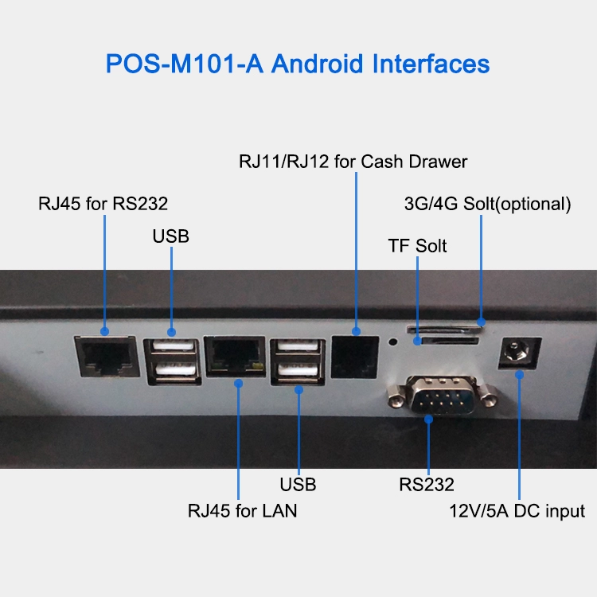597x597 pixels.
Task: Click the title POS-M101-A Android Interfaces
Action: [x=298, y=64]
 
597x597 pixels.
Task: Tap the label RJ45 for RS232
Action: [x=103, y=204]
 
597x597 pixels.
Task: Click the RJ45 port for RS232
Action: [x=107, y=357]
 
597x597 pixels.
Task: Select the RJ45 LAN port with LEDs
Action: [x=235, y=357]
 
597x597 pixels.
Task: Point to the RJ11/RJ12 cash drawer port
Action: [x=355, y=357]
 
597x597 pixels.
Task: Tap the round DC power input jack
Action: [x=520, y=353]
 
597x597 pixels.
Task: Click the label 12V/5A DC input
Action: [x=517, y=511]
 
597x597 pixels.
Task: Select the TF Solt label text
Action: [x=417, y=246]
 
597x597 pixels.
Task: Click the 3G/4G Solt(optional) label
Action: [x=488, y=205]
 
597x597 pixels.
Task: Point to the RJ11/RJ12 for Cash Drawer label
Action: [x=353, y=162]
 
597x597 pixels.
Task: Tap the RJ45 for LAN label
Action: [x=242, y=511]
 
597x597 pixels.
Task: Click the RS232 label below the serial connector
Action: [x=427, y=485]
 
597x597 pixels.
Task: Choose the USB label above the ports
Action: [x=170, y=236]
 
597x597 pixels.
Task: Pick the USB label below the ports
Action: [x=298, y=485]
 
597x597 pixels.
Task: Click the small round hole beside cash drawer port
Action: [x=393, y=342]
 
